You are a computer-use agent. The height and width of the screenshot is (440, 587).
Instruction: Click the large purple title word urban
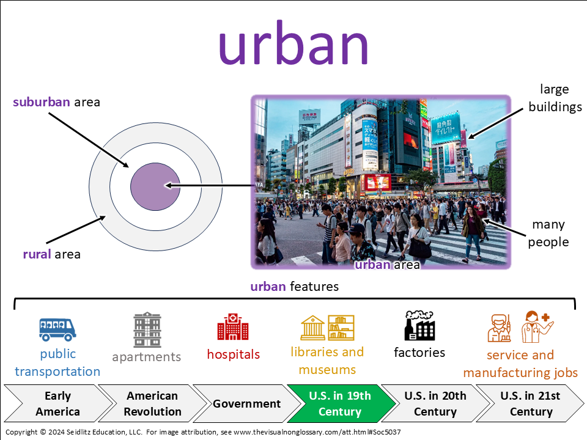[x=293, y=43]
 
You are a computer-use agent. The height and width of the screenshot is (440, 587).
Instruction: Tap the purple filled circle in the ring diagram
[x=155, y=186]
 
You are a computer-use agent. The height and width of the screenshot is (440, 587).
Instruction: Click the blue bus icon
[x=57, y=329]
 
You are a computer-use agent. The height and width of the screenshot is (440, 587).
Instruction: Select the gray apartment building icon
[x=147, y=329]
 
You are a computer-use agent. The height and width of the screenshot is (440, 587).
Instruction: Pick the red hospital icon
[x=233, y=326]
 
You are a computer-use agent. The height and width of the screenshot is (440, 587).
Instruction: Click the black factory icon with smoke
[x=419, y=326]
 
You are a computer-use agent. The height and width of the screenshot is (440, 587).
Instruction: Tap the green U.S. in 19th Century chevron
[x=341, y=403]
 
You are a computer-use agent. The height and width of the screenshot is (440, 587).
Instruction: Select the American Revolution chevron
[x=152, y=403]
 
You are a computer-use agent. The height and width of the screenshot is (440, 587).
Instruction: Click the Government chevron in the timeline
[x=246, y=403]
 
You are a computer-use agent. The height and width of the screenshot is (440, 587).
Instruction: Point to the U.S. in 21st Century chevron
[x=530, y=403]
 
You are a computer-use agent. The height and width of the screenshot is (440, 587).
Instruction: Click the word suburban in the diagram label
[x=41, y=102]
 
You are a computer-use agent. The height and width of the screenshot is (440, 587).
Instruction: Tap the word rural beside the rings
[x=37, y=254]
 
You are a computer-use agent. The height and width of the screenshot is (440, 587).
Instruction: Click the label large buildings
[x=555, y=98]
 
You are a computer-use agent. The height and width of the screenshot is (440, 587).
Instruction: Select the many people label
[x=548, y=233]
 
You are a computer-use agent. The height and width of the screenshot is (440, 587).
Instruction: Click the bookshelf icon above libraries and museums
[x=341, y=328]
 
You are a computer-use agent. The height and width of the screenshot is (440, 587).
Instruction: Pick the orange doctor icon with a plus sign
[x=537, y=326]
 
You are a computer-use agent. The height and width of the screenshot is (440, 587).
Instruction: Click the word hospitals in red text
[x=233, y=354]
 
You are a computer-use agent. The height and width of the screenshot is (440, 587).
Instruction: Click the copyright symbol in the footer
[x=43, y=432]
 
